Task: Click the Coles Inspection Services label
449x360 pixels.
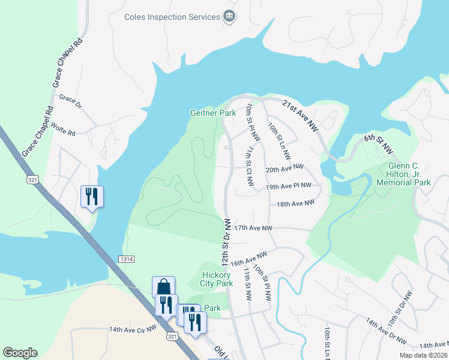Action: [172, 17]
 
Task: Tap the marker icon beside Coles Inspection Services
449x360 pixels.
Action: [229, 16]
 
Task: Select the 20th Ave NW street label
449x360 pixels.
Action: [285, 169]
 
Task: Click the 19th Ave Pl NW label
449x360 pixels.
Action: [289, 187]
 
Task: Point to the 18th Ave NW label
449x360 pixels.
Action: [295, 204]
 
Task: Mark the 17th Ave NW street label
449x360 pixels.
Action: [253, 228]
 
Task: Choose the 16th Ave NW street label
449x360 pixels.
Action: [248, 259]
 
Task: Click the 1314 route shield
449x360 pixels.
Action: [125, 259]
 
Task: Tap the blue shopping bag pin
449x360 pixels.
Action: [163, 287]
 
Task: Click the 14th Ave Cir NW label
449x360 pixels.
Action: [133, 329]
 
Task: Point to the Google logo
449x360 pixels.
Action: [20, 353]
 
